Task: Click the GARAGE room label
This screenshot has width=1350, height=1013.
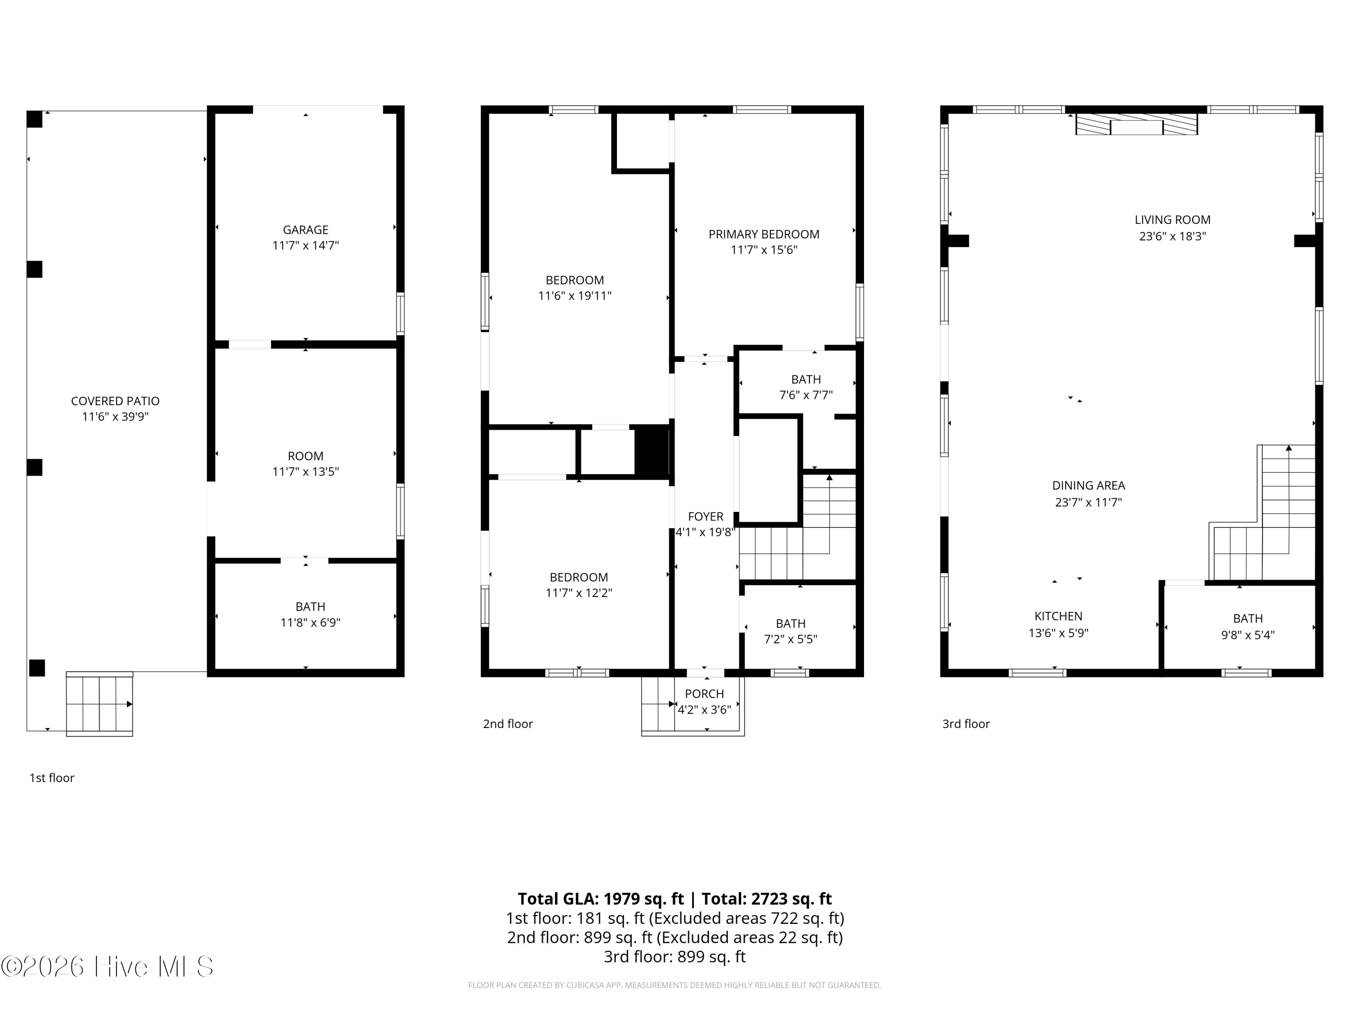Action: pyautogui.click(x=305, y=230)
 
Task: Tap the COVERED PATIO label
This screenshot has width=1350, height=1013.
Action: pyautogui.click(x=115, y=401)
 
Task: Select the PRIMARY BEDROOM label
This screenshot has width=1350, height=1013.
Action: pyautogui.click(x=764, y=235)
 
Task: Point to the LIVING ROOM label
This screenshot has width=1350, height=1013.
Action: pyautogui.click(x=1172, y=220)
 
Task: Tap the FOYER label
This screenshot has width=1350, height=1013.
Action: pyautogui.click(x=706, y=516)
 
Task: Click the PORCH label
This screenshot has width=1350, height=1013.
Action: pyautogui.click(x=704, y=694)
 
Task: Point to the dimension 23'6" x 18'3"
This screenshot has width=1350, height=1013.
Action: pyautogui.click(x=1172, y=236)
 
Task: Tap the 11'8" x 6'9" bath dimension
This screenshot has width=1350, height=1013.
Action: pyautogui.click(x=310, y=623)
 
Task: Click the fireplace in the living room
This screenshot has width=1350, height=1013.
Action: pyautogui.click(x=1136, y=124)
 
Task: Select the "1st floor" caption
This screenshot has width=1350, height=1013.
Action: pyautogui.click(x=52, y=778)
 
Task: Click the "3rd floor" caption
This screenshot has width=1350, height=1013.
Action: pyautogui.click(x=966, y=724)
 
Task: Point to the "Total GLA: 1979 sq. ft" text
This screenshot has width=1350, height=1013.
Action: pyautogui.click(x=601, y=899)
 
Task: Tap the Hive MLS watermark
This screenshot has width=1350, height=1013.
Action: pyautogui.click(x=108, y=966)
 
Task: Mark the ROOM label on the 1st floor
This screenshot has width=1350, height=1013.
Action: pyautogui.click(x=305, y=456)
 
